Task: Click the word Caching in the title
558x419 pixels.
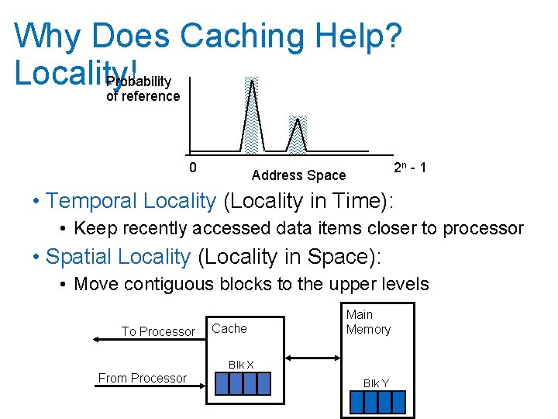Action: coord(243,36)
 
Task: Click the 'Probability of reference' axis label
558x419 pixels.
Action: coord(143,89)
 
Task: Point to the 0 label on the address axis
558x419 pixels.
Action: coord(193,167)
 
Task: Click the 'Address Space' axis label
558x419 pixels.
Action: coord(298,175)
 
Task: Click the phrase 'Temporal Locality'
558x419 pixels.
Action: coord(131,201)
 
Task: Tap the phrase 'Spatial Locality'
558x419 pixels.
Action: coord(119,256)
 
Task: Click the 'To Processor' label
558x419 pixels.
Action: coord(158,331)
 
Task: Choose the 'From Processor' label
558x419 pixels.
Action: coord(142,378)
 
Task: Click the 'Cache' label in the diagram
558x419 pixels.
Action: coord(229,328)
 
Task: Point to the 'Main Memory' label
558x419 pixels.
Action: coord(368,321)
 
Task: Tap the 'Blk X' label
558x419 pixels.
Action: coord(241,365)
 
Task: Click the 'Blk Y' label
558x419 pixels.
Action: coord(377,383)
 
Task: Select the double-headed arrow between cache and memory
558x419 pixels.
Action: coord(312,358)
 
